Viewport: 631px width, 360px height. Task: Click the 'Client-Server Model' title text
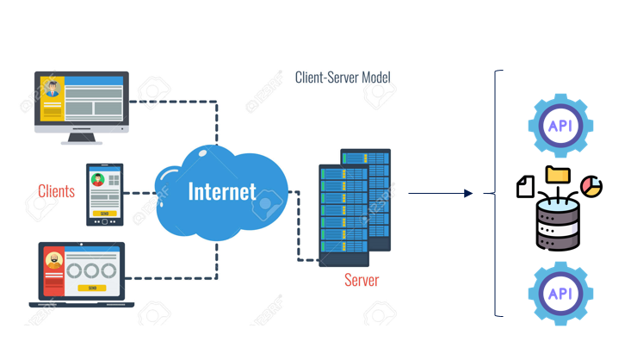(x=343, y=78)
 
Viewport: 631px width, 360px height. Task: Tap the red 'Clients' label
(x=56, y=191)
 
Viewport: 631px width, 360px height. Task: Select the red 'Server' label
(x=361, y=280)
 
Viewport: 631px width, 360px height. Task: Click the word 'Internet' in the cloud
(x=222, y=190)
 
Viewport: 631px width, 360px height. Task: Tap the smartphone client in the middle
(x=104, y=195)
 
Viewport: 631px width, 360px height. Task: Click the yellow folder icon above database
(x=558, y=174)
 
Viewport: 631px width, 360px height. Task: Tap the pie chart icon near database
(x=592, y=186)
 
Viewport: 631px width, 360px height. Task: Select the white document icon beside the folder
(x=525, y=185)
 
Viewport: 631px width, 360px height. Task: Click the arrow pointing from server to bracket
(x=440, y=194)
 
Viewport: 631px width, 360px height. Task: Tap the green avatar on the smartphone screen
(x=98, y=180)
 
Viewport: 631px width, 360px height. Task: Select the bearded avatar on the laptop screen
(x=53, y=259)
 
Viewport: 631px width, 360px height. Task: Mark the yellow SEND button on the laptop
(x=90, y=289)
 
